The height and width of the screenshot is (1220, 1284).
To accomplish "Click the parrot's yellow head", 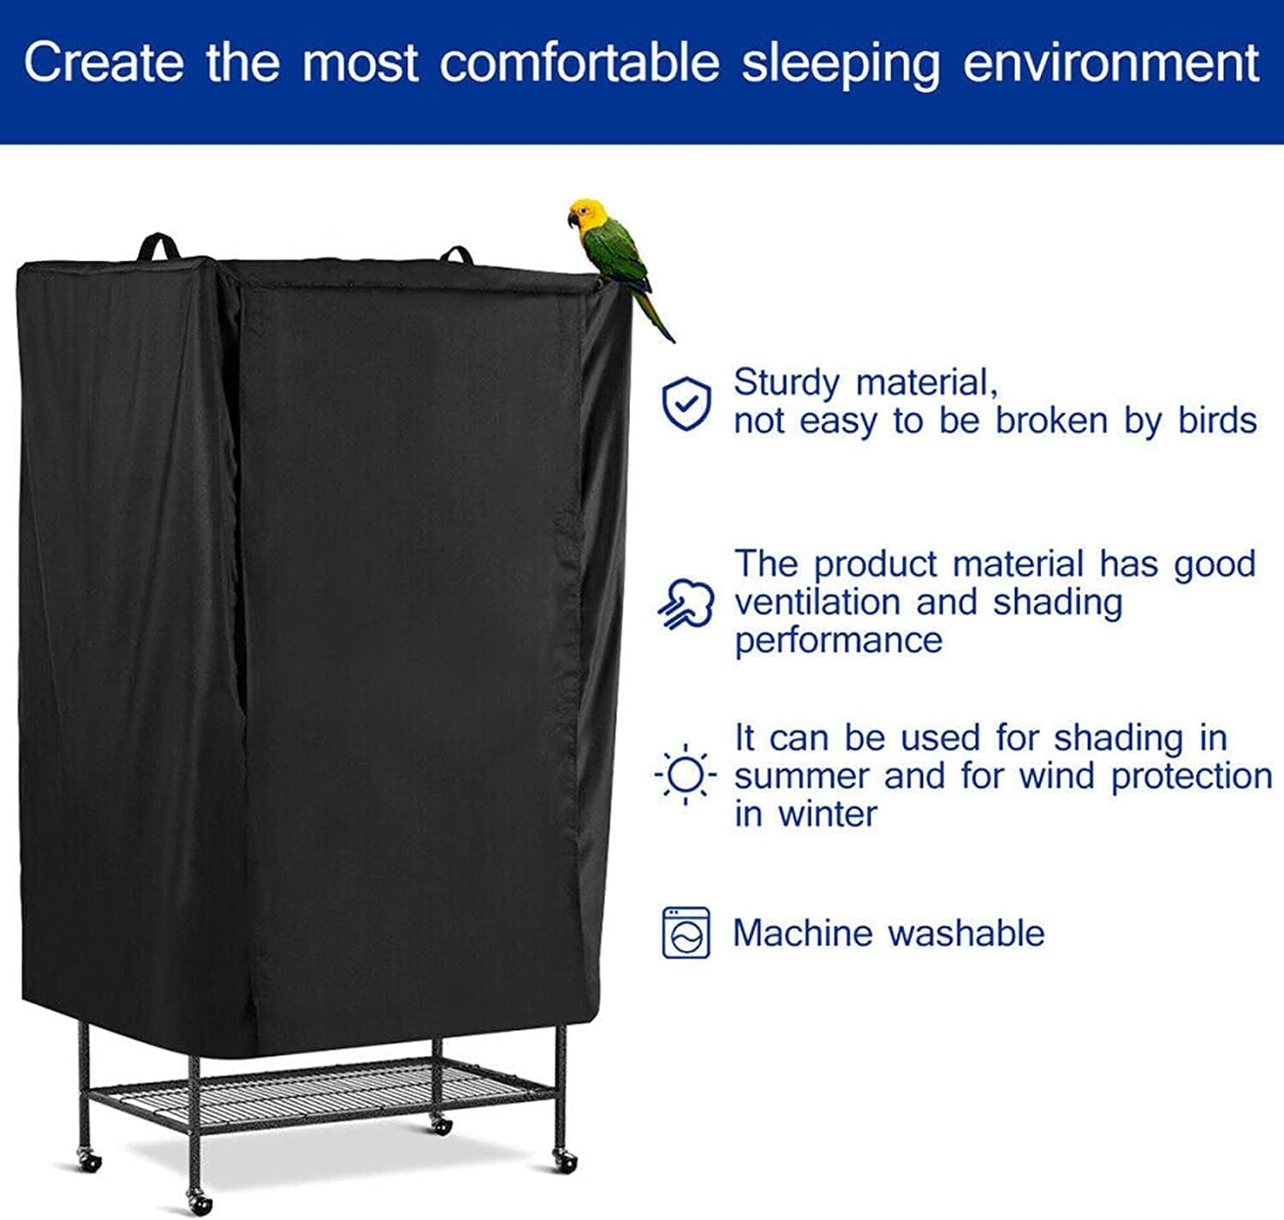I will (588, 214).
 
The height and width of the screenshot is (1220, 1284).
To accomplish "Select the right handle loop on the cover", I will (456, 254).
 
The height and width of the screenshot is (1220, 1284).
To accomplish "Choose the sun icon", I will (685, 775).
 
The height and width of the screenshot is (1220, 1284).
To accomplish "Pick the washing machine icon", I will (686, 933).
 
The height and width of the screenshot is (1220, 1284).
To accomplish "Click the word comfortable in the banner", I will (580, 63).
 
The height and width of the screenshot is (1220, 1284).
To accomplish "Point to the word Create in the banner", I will (104, 62).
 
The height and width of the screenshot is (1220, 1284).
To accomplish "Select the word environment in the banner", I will (1111, 63).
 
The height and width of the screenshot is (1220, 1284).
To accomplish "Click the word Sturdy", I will (786, 383).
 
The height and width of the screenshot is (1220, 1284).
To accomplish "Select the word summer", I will (801, 776).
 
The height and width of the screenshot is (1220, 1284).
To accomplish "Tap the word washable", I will (966, 933).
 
